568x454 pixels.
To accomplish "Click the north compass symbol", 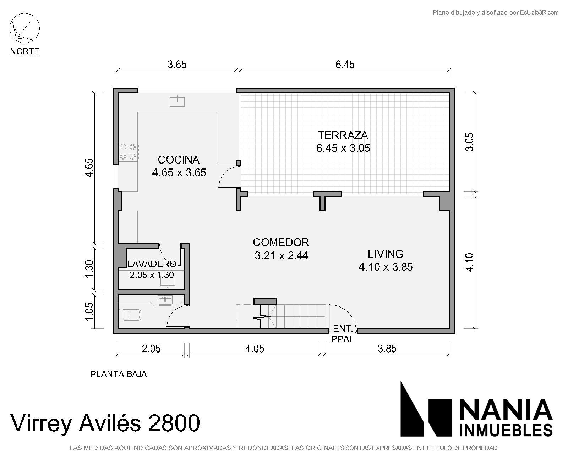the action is coord(24,28).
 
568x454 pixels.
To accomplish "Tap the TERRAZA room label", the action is coord(343,135).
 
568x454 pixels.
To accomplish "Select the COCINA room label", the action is coord(179,160).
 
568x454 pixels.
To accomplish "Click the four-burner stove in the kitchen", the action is coord(128,152).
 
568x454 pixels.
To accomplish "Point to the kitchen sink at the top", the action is coord(177,101).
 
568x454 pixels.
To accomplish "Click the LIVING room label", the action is coord(386,254).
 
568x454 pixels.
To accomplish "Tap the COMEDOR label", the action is coord(281,242).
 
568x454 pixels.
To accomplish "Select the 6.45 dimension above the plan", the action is coord(345,64).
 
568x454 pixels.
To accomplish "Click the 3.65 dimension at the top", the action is coord(177,64).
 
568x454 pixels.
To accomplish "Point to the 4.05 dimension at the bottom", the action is coord(255,349).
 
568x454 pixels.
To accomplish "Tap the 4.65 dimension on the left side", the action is coord(89,168).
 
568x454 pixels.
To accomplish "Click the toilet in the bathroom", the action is coord(130,315).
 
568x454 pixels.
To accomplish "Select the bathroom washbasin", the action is coord(165,301).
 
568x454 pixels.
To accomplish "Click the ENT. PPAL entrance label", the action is coord(343,334).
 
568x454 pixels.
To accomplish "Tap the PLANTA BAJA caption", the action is coord(119,374).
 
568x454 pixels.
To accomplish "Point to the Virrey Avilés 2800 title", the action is coord(105,423).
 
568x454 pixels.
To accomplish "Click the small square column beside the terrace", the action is coord(238,163).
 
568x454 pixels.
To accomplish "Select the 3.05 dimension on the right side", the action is coord(469,142).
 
